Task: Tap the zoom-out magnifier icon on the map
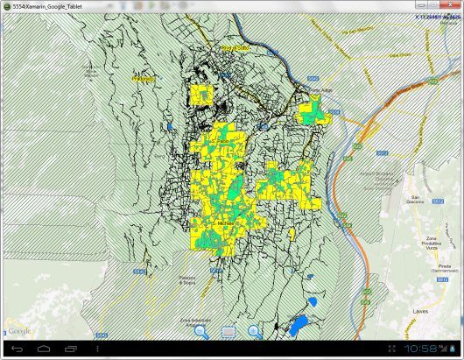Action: [x=200, y=331]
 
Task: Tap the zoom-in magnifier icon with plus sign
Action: [x=255, y=331]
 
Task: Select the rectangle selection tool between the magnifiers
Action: [x=228, y=331]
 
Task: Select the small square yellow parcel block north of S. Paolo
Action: [x=203, y=95]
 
